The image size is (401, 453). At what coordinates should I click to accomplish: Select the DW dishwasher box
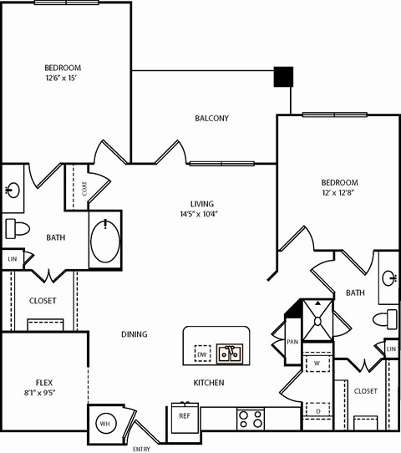pos(202,354)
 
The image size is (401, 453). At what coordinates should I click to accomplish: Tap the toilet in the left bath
pos(17,227)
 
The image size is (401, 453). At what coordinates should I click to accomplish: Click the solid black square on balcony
pos(284,77)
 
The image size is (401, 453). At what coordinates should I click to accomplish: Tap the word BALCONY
pos(211,119)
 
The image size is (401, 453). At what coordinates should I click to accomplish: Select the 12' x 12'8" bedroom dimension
pos(338,194)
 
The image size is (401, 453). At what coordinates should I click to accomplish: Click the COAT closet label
pos(84,189)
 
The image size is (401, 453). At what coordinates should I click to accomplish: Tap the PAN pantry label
pos(292,341)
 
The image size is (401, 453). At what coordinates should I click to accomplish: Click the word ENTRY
pos(141,449)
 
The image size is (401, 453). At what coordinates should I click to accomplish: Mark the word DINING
pos(134,334)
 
